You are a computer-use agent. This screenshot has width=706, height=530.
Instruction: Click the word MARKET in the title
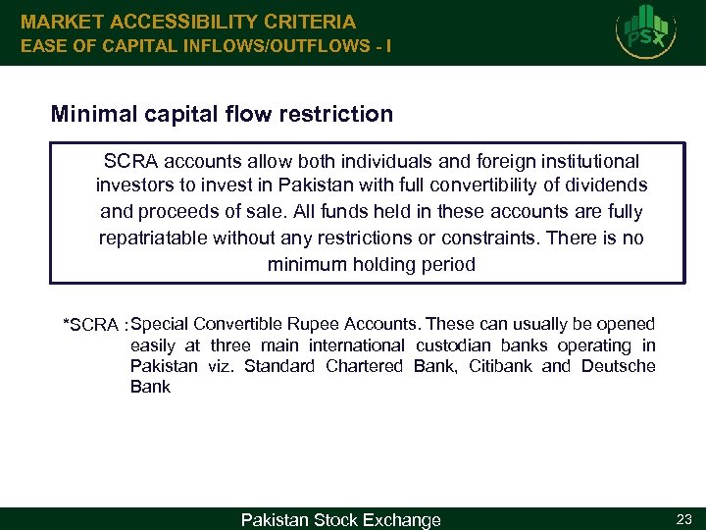click(64, 21)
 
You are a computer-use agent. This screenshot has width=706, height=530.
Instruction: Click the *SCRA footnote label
click(91, 325)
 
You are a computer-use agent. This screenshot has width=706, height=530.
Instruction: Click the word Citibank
click(502, 366)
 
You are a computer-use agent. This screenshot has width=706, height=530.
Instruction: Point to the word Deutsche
click(618, 366)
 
